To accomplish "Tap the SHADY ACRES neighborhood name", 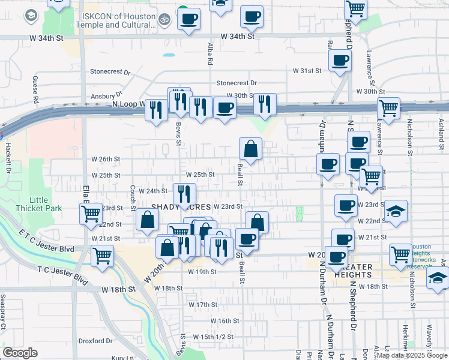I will coord(180,206).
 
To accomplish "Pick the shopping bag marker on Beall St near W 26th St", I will coord(250,148).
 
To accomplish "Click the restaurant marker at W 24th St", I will coord(184,193).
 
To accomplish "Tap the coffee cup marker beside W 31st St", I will coord(340,61).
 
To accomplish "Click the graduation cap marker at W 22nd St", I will coord(396,211).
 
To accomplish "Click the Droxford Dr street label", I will coord(96,341).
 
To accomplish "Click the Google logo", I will coord(20,353).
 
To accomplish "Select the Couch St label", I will coord(133,193).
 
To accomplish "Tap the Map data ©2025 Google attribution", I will coord(412,355).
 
